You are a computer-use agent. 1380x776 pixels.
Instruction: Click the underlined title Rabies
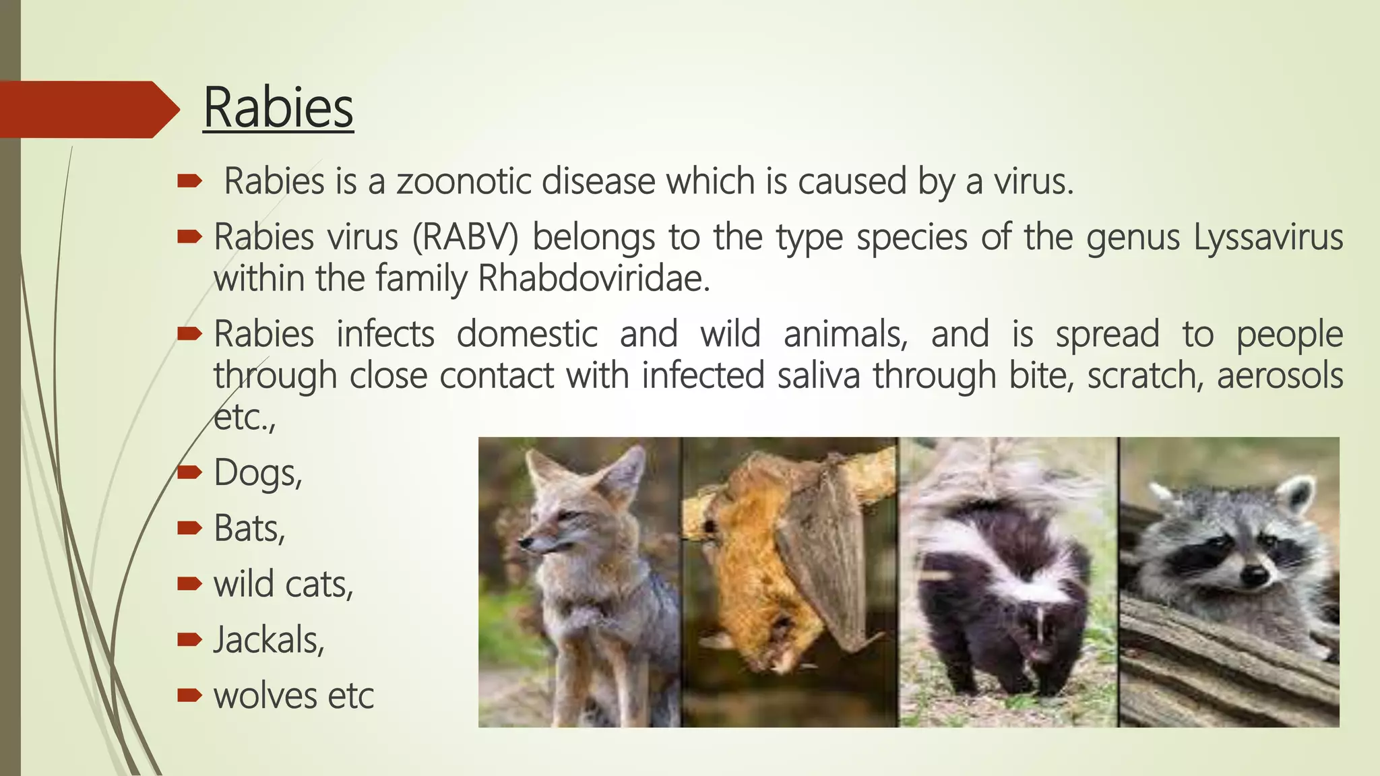tap(278, 108)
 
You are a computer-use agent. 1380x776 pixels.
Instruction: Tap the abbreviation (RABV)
tap(466, 237)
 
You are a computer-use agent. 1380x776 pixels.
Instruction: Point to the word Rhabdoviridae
tap(594, 279)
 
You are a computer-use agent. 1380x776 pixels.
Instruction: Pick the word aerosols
tap(1280, 375)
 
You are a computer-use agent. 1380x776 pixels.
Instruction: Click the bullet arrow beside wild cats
tap(189, 583)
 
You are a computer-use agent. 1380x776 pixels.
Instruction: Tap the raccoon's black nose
tap(1253, 575)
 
